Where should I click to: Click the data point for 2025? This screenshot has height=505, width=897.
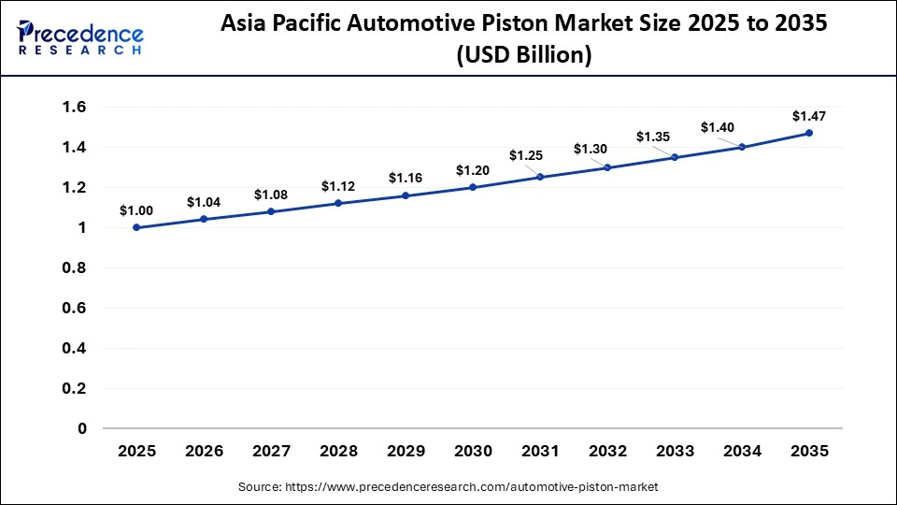pos(136,227)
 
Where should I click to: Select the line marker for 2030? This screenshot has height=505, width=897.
pos(473,187)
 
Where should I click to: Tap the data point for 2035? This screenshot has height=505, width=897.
pos(809,133)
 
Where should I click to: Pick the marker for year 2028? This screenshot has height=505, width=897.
pos(338,203)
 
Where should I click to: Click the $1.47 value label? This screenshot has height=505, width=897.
pos(808,116)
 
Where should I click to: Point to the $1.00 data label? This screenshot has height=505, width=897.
pos(135,210)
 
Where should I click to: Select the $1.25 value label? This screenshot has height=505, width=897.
pos(526,155)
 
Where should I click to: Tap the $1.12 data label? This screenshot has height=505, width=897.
pos(337,185)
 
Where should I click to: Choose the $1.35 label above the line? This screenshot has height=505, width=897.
pos(653,137)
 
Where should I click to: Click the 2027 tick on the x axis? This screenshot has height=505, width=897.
pos(271,451)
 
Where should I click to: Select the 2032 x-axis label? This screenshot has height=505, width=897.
pos(607,451)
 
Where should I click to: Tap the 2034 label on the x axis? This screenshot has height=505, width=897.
pos(742,451)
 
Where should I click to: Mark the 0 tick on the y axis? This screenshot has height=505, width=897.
pos(81,428)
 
